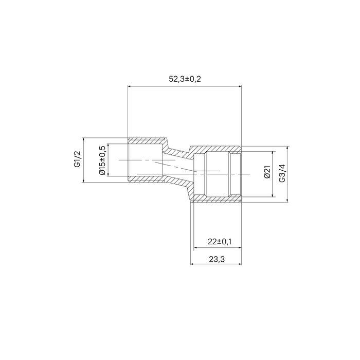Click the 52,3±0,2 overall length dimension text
(x=185, y=79)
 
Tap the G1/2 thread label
(x=78, y=160)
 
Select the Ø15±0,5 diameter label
(x=102, y=160)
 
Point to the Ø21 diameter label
(x=267, y=172)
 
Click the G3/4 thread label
(x=282, y=173)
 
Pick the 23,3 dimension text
(x=217, y=259)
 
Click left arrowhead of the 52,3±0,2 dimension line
(x=129, y=86)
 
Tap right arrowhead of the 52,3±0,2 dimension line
(x=240, y=86)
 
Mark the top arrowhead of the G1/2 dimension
(x=83, y=139)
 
